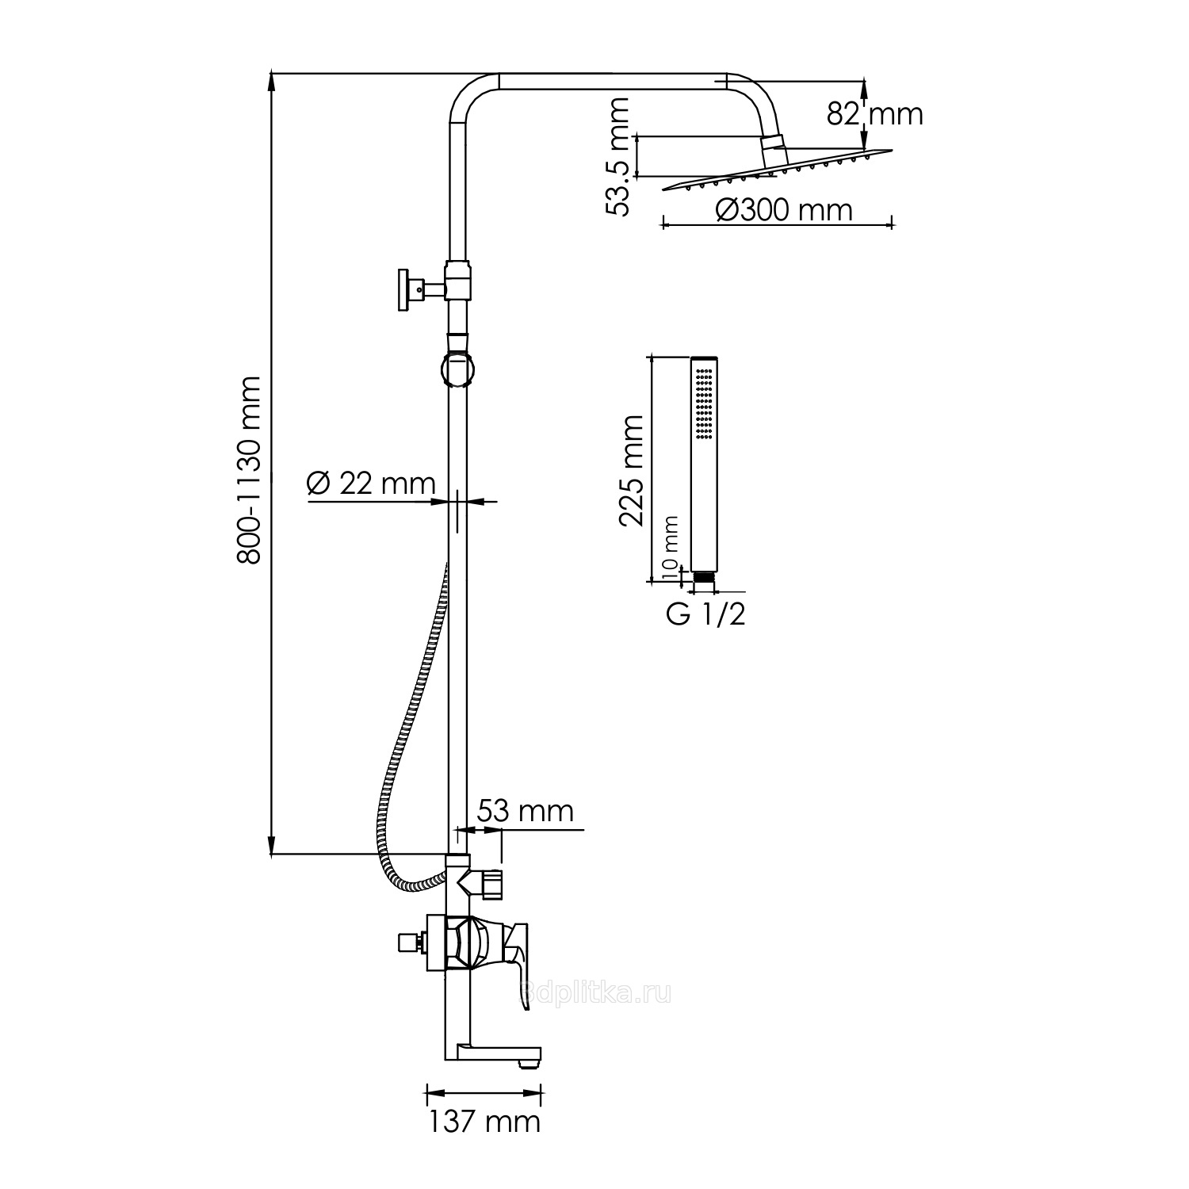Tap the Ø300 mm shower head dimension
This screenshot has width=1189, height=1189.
(783, 210)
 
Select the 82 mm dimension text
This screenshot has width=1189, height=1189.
(875, 114)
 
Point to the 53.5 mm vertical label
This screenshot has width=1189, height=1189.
(617, 156)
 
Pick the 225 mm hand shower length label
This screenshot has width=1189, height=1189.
(632, 471)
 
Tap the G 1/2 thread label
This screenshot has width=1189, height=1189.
(705, 614)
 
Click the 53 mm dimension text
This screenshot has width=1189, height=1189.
(525, 811)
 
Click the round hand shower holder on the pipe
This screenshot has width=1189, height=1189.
(458, 370)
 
